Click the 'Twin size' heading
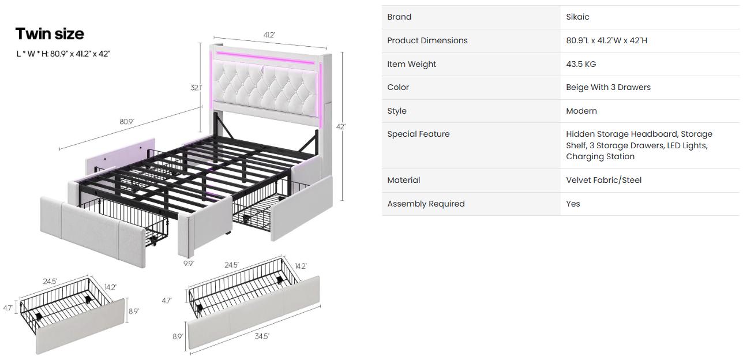(x=50, y=34)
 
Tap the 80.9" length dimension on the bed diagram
(x=126, y=122)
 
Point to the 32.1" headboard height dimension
(x=196, y=88)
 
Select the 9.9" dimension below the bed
(x=189, y=264)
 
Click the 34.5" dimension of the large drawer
(x=262, y=336)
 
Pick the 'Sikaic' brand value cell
(x=577, y=17)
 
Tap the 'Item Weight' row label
(x=411, y=64)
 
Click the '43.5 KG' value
(x=581, y=64)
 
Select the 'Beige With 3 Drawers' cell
(x=608, y=87)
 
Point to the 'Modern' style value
(x=581, y=111)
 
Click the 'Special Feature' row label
(x=418, y=134)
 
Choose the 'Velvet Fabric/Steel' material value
(x=603, y=180)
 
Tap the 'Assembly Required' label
(x=426, y=204)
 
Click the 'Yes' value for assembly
(x=573, y=204)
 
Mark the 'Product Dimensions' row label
(x=427, y=40)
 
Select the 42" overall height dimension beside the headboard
(x=341, y=126)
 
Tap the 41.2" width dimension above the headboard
(x=269, y=35)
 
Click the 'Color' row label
(x=398, y=87)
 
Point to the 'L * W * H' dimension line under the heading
(x=63, y=54)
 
